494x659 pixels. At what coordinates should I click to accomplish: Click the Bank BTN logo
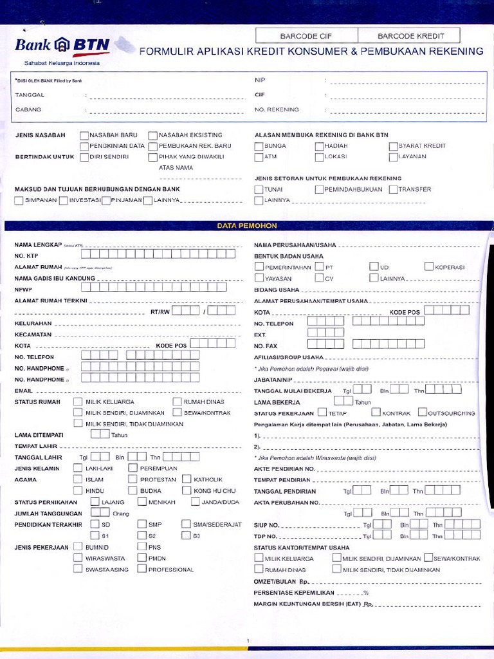[x=62, y=46]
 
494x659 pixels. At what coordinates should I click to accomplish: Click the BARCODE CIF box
[x=306, y=36]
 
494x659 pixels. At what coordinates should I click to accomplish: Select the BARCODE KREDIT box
[x=409, y=36]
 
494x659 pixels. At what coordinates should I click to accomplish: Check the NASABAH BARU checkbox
[x=84, y=135]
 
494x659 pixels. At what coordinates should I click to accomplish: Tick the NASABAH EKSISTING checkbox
[x=153, y=135]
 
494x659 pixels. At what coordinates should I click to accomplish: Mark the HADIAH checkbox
[x=319, y=146]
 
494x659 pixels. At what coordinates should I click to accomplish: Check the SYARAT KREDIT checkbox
[x=393, y=146]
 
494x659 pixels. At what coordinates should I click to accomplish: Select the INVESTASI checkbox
[x=63, y=200]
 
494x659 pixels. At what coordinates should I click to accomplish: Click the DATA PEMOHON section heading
[x=246, y=226]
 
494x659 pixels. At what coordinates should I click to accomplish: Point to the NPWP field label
[x=23, y=290]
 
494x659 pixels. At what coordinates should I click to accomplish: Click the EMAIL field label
[x=24, y=391]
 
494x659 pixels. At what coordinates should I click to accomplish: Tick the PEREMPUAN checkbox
[x=133, y=469]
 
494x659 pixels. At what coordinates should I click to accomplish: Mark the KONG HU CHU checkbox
[x=187, y=490]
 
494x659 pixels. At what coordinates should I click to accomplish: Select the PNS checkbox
[x=142, y=547]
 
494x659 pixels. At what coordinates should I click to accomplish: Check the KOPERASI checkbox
[x=429, y=266]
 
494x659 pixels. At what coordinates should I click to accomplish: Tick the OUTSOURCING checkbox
[x=423, y=413]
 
